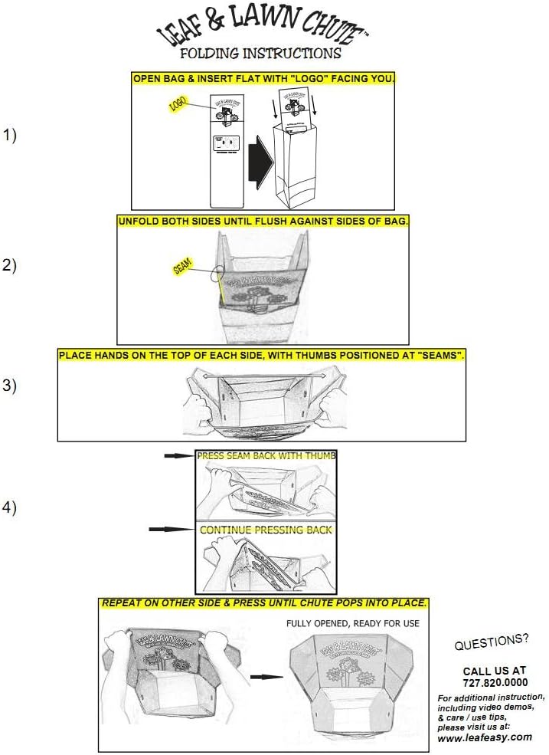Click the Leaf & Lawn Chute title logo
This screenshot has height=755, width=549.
(260, 28)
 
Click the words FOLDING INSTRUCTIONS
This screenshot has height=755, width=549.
(260, 54)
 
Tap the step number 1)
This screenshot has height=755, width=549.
(9, 136)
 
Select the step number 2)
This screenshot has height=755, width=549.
(9, 266)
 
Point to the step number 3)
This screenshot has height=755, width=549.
(9, 386)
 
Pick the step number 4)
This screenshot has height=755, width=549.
(9, 507)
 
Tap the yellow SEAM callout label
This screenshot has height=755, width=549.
(183, 266)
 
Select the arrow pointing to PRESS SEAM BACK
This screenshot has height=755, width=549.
(177, 455)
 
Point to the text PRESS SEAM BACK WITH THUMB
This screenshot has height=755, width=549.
(266, 456)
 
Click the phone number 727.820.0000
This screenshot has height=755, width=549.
(495, 682)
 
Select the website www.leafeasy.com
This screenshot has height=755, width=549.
(485, 737)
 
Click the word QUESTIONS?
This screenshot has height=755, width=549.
(491, 645)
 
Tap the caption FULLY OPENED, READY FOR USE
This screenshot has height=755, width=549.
(353, 623)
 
